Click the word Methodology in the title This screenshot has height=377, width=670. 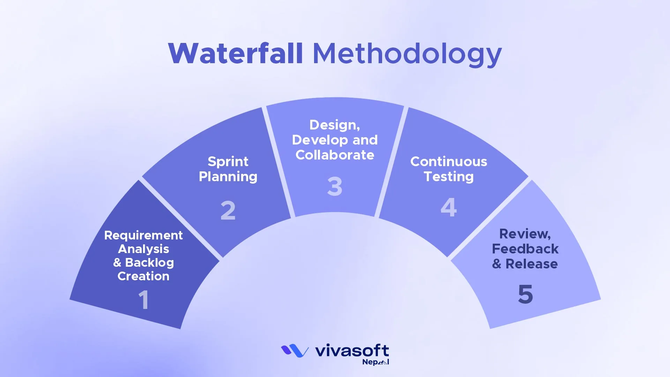tap(407, 54)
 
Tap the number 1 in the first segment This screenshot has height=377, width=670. tap(144, 300)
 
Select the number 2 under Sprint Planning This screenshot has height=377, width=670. tap(228, 210)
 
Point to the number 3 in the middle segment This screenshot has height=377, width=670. tap(335, 186)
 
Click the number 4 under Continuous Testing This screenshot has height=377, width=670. tap(448, 207)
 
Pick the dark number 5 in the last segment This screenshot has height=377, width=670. tap(525, 294)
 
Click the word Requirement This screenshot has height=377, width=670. tap(143, 235)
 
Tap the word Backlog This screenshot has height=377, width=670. tap(149, 263)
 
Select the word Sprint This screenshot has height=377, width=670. tap(228, 162)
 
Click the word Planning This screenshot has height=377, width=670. tap(228, 177)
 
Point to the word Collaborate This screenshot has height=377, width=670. tap(335, 155)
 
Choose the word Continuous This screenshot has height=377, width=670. tap(448, 162)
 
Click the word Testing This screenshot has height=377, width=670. tap(448, 177)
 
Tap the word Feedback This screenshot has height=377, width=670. tap(525, 249)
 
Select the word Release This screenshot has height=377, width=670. tap(531, 264)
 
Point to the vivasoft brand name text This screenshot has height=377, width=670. tap(352, 350)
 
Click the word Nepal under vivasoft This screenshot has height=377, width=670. tap(375, 362)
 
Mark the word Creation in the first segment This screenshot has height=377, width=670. tap(143, 276)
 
